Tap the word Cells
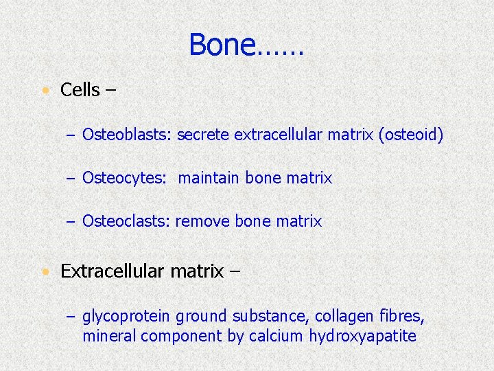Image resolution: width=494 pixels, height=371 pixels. pyautogui.click(x=80, y=90)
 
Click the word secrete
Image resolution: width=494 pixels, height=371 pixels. pyautogui.click(x=203, y=135)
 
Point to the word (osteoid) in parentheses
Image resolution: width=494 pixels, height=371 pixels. pyautogui.click(x=411, y=135)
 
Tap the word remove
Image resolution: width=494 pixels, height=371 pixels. pyautogui.click(x=202, y=222)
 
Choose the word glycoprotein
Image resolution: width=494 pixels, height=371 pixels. pyautogui.click(x=126, y=317)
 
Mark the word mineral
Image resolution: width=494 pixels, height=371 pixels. pyautogui.click(x=106, y=336)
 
